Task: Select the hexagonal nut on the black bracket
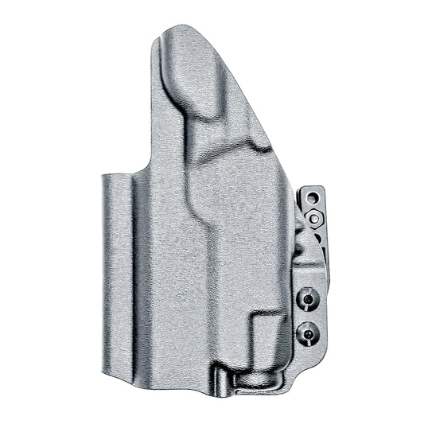(x=316, y=218)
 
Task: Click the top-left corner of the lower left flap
(x=104, y=173)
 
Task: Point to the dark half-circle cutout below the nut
(x=306, y=243)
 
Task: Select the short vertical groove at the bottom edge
(x=213, y=380)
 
